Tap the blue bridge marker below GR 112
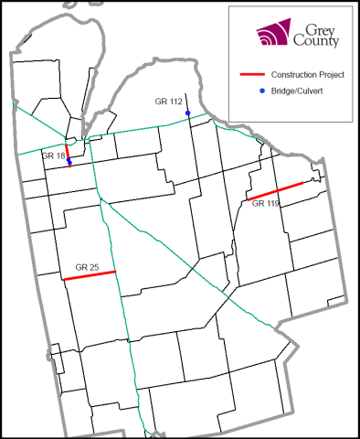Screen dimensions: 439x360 point(187,113)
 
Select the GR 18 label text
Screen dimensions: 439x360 point(53,156)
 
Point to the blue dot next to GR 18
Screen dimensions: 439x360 point(69,160)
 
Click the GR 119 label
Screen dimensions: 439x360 point(266,205)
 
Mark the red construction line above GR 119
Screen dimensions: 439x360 point(275,191)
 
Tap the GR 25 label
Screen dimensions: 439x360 point(88,267)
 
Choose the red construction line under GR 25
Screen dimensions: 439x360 point(90,275)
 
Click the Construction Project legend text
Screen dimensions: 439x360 point(307,74)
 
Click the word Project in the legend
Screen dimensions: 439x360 point(330,74)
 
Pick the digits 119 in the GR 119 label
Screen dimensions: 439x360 point(272,205)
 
